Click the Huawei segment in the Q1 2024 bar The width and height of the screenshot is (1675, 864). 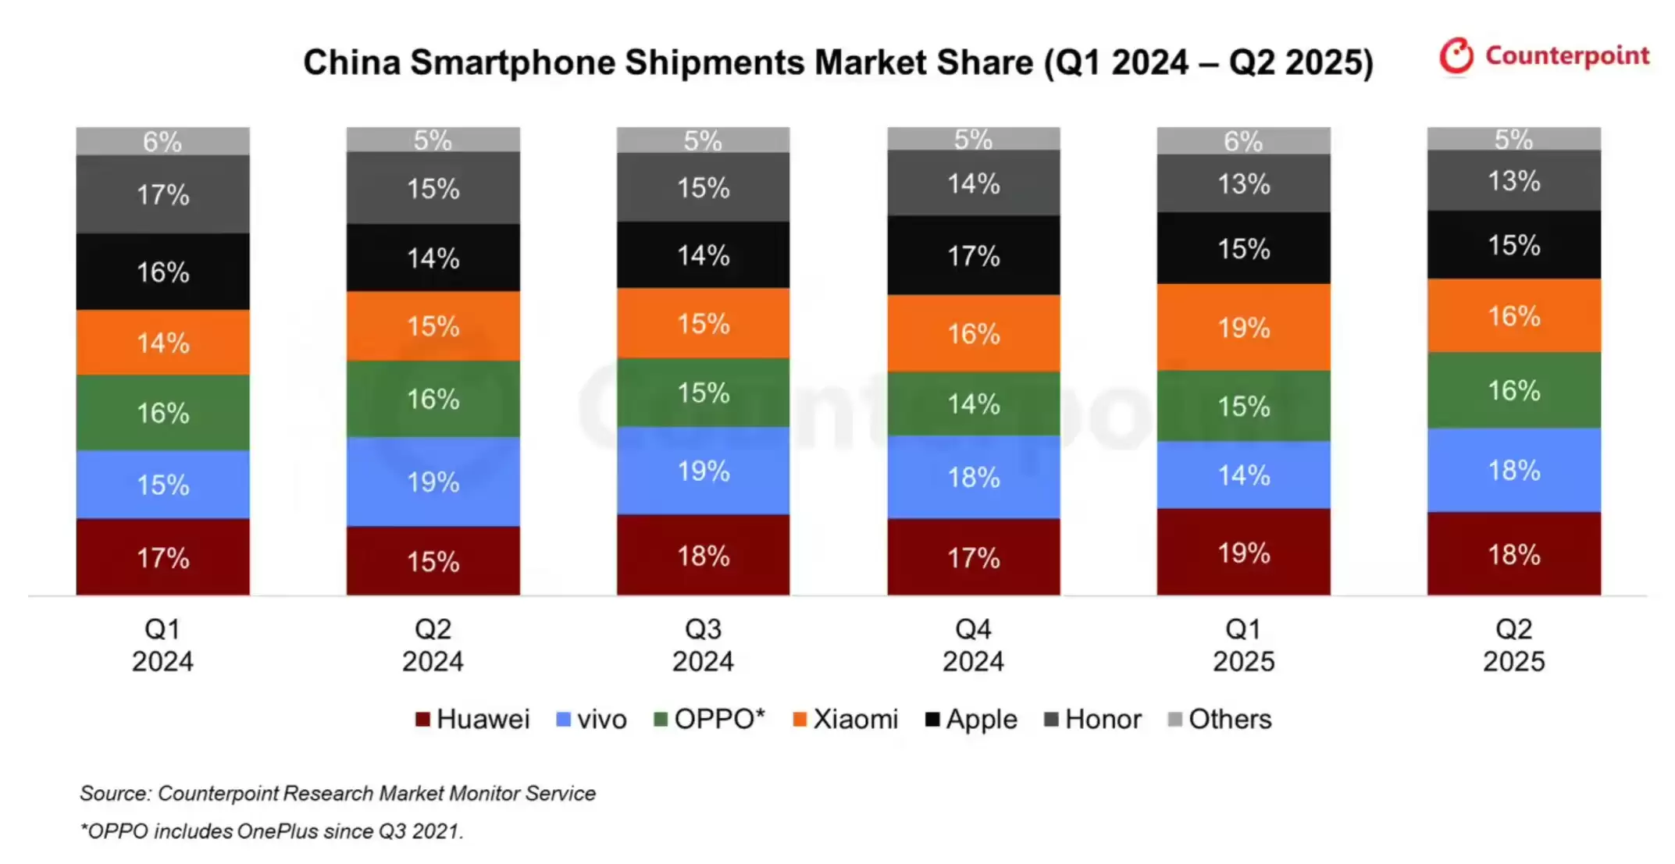(x=162, y=557)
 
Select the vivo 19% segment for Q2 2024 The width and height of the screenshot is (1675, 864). (x=433, y=482)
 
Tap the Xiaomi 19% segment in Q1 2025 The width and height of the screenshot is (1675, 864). (x=1243, y=327)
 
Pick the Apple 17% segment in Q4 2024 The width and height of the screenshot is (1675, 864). (x=973, y=255)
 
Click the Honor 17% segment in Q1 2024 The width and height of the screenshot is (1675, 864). (x=162, y=194)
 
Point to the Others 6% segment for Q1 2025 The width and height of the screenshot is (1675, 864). (x=1243, y=141)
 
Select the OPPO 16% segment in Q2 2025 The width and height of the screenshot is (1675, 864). (x=1513, y=390)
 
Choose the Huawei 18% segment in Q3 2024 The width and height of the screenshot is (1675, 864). (x=703, y=555)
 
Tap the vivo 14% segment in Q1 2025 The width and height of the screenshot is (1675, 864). (x=1243, y=475)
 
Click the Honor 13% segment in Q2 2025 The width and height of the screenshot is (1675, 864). (x=1513, y=181)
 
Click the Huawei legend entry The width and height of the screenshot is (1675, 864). (x=472, y=719)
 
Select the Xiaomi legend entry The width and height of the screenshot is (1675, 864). (x=846, y=719)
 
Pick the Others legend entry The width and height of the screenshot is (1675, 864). (x=1220, y=719)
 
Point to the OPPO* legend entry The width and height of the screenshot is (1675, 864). (x=709, y=719)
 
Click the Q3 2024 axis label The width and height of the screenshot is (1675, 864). (x=703, y=645)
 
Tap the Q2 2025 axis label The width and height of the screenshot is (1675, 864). (x=1513, y=645)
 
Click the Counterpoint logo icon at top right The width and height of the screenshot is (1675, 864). (x=1456, y=56)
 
